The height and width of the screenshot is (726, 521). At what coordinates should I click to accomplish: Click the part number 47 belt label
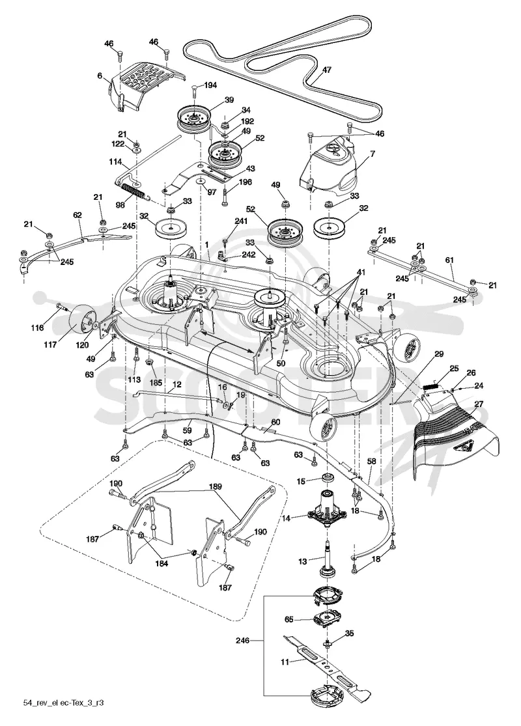point(326,70)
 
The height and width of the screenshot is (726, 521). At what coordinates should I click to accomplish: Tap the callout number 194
point(210,85)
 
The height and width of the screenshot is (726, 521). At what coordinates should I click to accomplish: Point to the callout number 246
point(242,641)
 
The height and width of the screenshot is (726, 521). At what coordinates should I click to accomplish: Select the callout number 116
point(38,328)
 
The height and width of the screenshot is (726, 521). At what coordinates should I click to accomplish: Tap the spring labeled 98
point(134,191)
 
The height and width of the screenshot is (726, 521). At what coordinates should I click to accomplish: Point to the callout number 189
point(216,486)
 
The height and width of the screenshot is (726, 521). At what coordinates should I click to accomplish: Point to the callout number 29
point(439,354)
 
